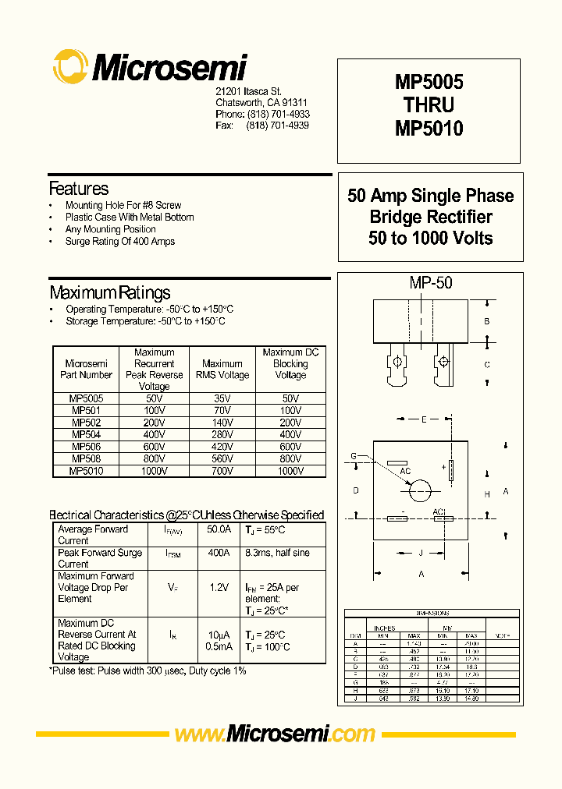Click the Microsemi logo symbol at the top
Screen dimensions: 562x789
(70, 67)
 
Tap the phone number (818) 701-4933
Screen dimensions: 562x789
(278, 114)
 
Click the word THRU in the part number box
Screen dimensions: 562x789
(429, 104)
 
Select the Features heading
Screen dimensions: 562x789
(79, 189)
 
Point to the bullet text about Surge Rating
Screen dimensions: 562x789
(119, 242)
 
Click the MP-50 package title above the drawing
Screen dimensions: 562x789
(431, 284)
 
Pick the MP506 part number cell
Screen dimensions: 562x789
(86, 447)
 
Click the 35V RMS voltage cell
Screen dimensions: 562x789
(222, 398)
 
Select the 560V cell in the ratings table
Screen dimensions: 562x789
(222, 459)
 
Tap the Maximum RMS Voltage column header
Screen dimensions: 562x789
(222, 370)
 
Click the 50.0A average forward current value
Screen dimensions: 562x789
(219, 529)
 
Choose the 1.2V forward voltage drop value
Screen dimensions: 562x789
(219, 587)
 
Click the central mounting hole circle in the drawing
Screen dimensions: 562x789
(420, 490)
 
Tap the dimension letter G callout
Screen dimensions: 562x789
(354, 455)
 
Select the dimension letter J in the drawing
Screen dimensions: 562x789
(421, 553)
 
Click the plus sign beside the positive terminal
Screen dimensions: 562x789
(443, 467)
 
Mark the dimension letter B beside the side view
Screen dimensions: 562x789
(486, 321)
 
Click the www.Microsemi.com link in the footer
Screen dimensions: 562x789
(275, 734)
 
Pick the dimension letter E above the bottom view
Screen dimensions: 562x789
(423, 420)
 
